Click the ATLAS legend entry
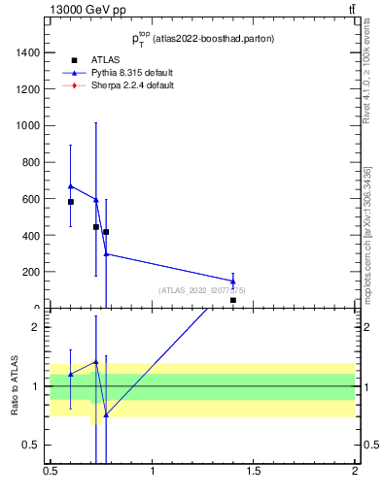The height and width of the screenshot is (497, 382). pos(104,60)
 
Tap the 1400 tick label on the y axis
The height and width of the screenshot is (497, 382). pos(27,52)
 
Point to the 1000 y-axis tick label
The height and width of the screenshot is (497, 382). pos(27,126)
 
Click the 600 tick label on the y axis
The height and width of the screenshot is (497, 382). pos(31,199)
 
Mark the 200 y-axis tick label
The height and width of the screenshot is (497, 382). pos(31,273)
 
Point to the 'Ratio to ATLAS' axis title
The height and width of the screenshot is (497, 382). pos(15,385)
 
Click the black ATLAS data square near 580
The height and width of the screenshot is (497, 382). pos(71,202)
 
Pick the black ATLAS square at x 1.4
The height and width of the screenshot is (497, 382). pos(233,301)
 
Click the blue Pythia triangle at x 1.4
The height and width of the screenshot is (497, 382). pos(233,282)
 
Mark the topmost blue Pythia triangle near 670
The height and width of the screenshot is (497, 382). pos(71,185)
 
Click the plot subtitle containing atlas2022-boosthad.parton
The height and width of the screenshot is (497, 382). pos(203,39)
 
